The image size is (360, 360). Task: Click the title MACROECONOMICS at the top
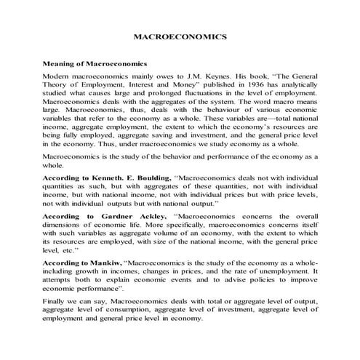[181, 36]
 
